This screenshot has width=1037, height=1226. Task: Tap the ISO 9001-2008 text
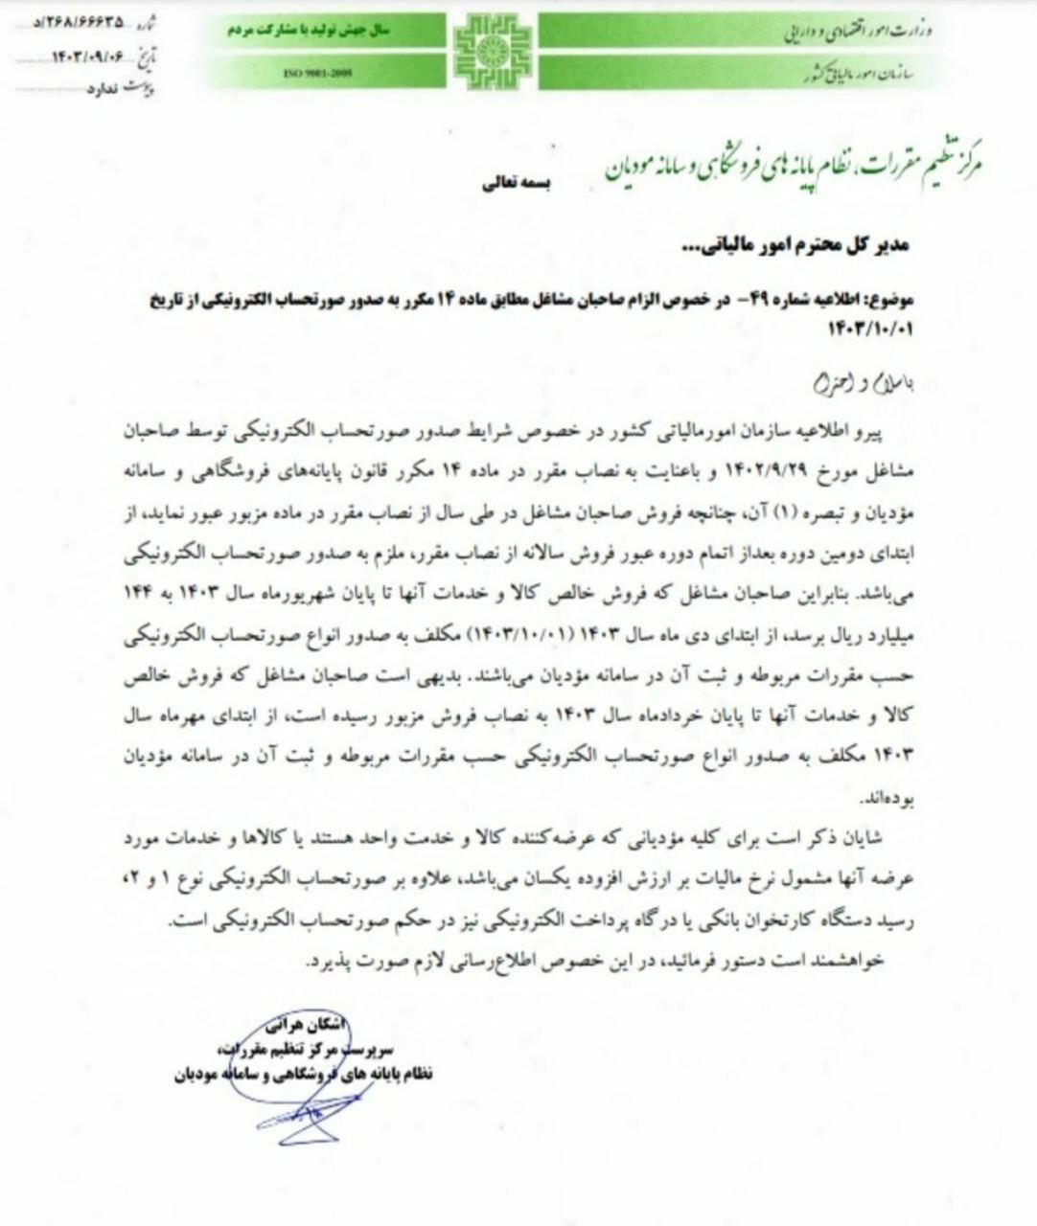click(x=308, y=73)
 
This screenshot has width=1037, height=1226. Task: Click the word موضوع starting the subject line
click(x=893, y=299)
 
